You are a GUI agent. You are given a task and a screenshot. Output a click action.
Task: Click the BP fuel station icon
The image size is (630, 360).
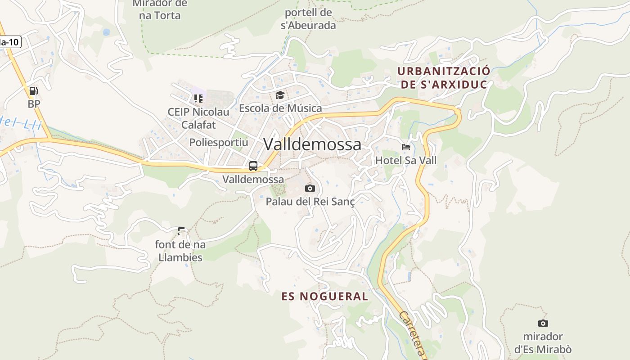point(33,91)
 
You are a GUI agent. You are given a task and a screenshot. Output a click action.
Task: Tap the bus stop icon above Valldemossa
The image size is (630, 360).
point(253,166)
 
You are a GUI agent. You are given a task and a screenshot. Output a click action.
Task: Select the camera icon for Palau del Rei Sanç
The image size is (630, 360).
point(310,188)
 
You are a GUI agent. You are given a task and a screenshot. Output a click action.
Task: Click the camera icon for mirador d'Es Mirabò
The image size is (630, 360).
point(543,323)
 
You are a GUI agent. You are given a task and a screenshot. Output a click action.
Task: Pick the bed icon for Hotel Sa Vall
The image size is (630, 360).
point(406,147)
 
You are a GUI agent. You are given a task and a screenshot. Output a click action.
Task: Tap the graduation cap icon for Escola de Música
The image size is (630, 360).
point(280,95)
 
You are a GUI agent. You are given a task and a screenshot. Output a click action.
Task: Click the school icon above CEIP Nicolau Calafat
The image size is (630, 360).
point(198,98)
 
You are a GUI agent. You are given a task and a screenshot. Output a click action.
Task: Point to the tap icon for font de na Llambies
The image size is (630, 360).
point(181,231)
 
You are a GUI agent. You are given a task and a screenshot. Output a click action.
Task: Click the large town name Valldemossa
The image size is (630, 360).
point(312,144)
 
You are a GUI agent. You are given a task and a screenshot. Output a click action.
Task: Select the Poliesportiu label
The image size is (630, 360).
point(219,142)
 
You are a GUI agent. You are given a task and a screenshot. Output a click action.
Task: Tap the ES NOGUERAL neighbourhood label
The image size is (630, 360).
point(324,296)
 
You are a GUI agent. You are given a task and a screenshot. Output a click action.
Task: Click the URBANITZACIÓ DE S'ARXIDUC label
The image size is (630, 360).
point(444,78)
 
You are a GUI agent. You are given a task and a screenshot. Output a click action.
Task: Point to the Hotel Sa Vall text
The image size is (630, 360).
point(406,160)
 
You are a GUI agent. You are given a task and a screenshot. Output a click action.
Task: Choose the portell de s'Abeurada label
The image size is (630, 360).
point(308,19)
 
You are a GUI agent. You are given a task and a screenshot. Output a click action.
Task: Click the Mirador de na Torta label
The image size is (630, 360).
point(160,10)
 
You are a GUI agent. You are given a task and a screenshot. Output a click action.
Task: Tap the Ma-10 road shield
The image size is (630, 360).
point(10,42)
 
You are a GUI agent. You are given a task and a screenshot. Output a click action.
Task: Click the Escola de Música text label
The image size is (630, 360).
point(280,108)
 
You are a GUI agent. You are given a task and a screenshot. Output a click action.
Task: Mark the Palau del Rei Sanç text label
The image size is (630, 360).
point(310,202)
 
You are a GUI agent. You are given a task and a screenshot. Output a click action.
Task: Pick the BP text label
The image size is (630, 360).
point(34,104)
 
